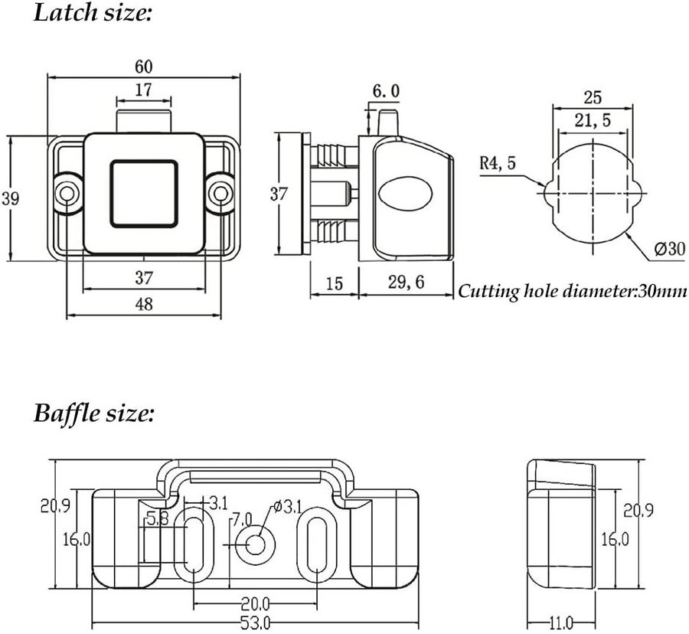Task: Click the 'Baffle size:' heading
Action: pyautogui.click(x=94, y=413)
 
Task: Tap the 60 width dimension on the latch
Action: pyautogui.click(x=143, y=66)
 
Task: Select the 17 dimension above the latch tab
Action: pyautogui.click(x=143, y=90)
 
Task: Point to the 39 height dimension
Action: pyautogui.click(x=10, y=198)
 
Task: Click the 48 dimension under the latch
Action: pyautogui.click(x=143, y=304)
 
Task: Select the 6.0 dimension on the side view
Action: pyautogui.click(x=386, y=92)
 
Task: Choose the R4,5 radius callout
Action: pyautogui.click(x=498, y=162)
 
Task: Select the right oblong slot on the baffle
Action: pyautogui.click(x=315, y=545)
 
